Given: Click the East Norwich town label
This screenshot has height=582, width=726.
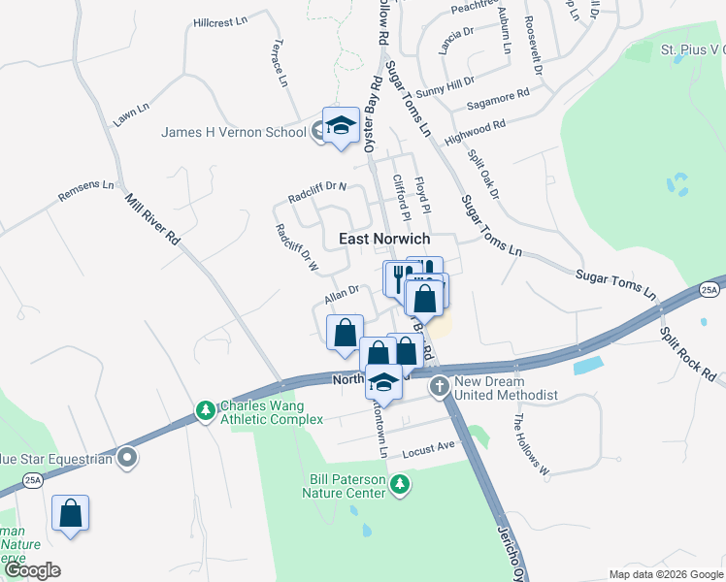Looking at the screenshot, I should pos(383,239).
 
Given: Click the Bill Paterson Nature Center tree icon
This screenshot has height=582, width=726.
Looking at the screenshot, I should pos(398,483).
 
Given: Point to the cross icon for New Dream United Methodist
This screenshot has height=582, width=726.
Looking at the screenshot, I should pos(440,386).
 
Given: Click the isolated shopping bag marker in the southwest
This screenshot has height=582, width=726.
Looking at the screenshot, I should pos(71,514).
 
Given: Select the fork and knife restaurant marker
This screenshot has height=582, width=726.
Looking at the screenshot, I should pos(401,277).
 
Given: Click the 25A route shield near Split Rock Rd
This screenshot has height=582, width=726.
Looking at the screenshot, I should pos(709,290).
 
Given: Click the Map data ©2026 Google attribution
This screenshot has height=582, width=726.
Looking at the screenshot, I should pos(665,574).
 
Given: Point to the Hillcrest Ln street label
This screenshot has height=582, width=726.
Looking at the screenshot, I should pos(221,20).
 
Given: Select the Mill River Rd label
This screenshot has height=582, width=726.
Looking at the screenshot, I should pos(153,219).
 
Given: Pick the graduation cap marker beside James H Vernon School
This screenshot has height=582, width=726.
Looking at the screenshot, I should pos(341,126).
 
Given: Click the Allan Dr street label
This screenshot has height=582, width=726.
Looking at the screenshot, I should pos(342,291).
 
